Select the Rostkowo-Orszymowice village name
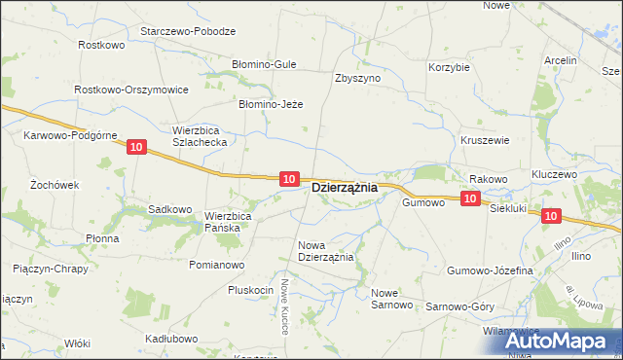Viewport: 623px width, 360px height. (131, 89)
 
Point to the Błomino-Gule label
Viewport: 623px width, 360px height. (263, 64)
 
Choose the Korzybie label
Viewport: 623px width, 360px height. (449, 67)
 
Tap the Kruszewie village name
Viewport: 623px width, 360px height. (485, 139)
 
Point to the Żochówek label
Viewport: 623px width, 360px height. (54, 184)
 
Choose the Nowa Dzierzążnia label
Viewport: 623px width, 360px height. (326, 251)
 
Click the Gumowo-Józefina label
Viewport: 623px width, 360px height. (490, 270)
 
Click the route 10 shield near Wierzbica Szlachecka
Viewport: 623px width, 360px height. (135, 147)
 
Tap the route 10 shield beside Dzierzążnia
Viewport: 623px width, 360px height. (288, 178)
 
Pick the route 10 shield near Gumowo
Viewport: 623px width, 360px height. (469, 198)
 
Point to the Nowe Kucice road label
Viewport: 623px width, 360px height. (285, 306)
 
